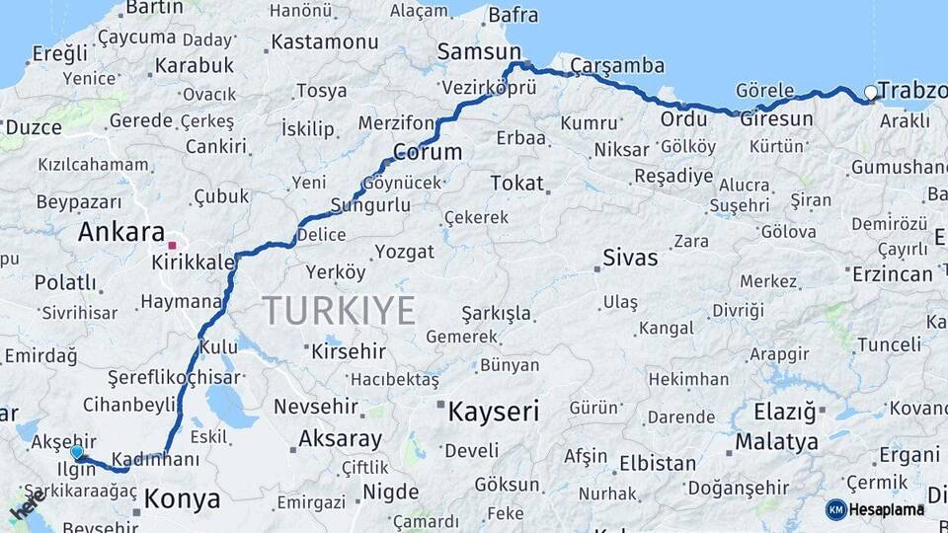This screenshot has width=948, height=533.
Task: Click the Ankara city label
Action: coord(120,233)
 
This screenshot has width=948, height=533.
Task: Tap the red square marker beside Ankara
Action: coord(173,244)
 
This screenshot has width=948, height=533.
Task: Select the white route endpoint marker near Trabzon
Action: coord(870,93)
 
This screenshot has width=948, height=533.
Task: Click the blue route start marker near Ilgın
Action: coord(76,452)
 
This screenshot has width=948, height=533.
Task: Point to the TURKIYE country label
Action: coord(339,311)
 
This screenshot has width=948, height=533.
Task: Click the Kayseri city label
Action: coord(493,411)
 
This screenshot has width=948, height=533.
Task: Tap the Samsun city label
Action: coord(479,51)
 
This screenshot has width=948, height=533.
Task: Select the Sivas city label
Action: coord(630,259)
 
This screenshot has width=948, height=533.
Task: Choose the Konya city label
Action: coord(182,499)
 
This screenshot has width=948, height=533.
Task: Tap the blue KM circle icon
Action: coord(835,509)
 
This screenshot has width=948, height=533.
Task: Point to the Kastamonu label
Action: coord(324,42)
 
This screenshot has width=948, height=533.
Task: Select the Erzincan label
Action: coord(894,273)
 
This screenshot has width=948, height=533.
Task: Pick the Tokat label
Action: coord(516,183)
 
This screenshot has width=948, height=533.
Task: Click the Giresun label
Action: coord(776,118)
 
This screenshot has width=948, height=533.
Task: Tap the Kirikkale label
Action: coord(194,263)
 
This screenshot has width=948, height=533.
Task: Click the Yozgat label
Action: coord(404,252)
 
